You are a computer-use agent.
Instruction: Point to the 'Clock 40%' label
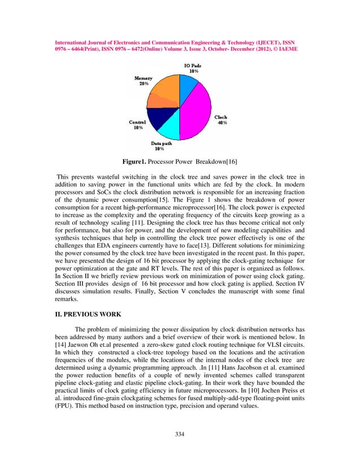click(x=222, y=120)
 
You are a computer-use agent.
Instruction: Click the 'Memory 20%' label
click(x=143, y=81)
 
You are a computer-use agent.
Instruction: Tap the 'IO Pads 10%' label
click(x=193, y=69)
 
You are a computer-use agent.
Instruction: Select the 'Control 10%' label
click(x=138, y=125)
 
